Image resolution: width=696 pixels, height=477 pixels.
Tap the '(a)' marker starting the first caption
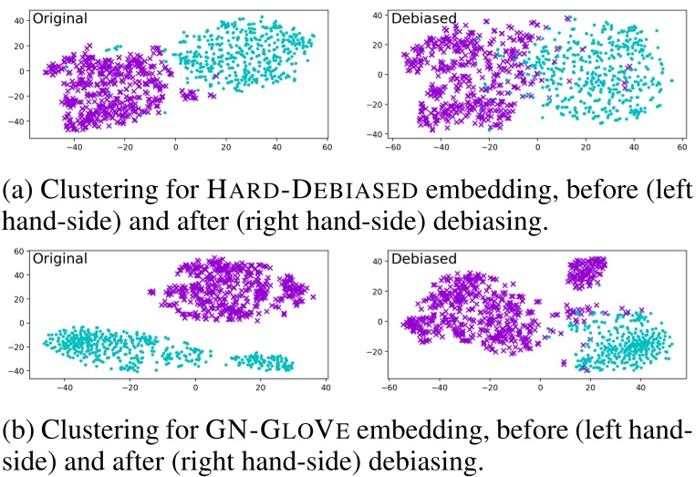click(20, 192)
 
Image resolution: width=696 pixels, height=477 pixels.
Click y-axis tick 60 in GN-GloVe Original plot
click(16, 250)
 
